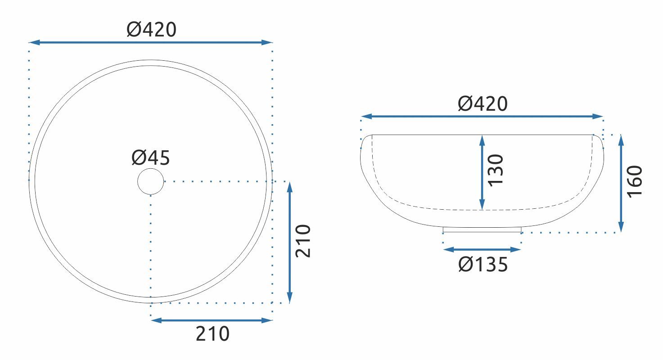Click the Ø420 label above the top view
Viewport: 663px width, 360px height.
152,30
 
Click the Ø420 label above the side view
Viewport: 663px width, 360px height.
483,103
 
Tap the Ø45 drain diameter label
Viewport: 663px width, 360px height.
151,157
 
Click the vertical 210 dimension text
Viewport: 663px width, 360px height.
303,241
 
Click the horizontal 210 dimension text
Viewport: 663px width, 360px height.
212,333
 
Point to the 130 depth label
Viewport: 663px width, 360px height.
495,171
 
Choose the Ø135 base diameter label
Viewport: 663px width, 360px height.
483,264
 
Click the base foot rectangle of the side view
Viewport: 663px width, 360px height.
482,230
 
